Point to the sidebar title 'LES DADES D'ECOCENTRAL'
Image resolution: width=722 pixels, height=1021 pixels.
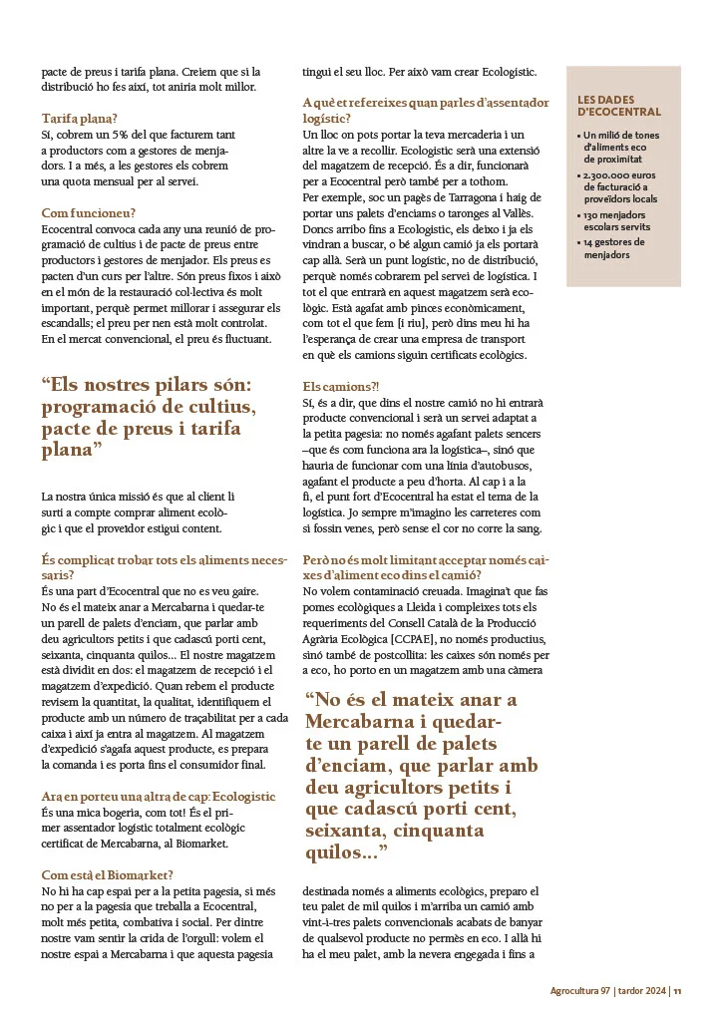click(618, 106)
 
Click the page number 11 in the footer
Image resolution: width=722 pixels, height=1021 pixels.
click(677, 991)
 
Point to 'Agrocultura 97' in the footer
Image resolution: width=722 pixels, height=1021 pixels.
click(580, 991)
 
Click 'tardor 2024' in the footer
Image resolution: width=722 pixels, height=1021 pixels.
click(641, 991)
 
